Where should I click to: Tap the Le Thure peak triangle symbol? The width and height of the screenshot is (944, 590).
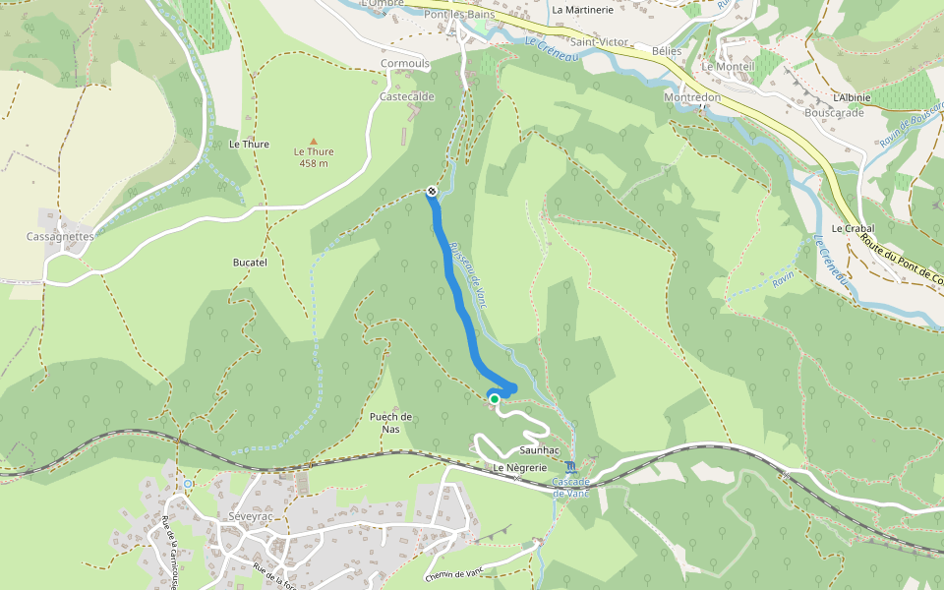(x=314, y=141)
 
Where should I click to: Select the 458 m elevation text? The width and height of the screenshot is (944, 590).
(x=314, y=163)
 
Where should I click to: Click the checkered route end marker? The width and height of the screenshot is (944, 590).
(x=432, y=191)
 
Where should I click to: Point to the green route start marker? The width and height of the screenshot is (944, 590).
(x=494, y=398)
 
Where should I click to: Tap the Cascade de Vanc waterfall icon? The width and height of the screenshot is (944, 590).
(x=571, y=466)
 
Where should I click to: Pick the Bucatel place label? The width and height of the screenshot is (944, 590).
(x=250, y=264)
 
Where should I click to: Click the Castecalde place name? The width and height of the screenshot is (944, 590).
(x=407, y=97)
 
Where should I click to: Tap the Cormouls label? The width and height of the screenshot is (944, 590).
(x=405, y=64)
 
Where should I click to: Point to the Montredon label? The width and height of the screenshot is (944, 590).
(x=692, y=98)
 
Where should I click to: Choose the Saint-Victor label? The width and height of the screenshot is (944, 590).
(x=599, y=43)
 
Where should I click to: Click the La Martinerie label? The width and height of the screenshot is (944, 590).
(x=582, y=10)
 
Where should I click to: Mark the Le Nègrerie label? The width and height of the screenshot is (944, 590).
(x=519, y=468)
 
